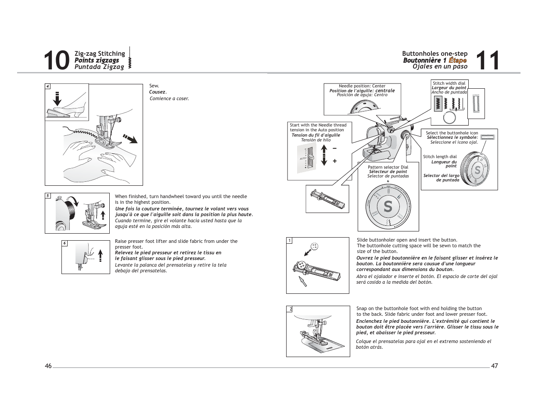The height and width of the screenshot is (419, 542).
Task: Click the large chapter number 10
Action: pyautogui.click(x=57, y=61)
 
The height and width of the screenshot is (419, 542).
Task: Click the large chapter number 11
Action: pyautogui.click(x=487, y=61)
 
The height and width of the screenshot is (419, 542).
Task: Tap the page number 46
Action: pyautogui.click(x=48, y=366)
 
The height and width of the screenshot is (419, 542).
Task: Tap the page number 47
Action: pyautogui.click(x=494, y=366)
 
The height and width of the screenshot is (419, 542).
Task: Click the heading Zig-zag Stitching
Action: pyautogui.click(x=100, y=54)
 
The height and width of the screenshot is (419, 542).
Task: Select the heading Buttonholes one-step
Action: pyautogui.click(x=434, y=54)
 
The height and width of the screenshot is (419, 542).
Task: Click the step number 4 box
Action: pyautogui.click(x=48, y=87)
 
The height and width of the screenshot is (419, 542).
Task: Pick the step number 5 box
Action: pyautogui.click(x=48, y=196)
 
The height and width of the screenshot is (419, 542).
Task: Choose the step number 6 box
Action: pyautogui.click(x=65, y=243)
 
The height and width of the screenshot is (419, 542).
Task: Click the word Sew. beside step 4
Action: pyautogui.click(x=154, y=86)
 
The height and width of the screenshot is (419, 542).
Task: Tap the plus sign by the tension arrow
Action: pyautogui.click(x=334, y=161)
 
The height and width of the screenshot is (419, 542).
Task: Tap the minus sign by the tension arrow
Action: pyautogui.click(x=334, y=148)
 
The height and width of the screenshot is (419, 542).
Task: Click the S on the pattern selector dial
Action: pyautogui.click(x=388, y=206)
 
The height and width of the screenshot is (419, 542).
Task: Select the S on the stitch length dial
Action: pyautogui.click(x=477, y=170)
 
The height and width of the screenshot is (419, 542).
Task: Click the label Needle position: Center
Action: pyautogui.click(x=362, y=86)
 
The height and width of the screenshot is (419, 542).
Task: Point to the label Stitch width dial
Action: pyautogui.click(x=449, y=83)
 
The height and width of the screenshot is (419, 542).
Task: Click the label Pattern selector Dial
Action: pyautogui.click(x=388, y=167)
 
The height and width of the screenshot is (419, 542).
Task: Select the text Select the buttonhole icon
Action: pyautogui.click(x=452, y=133)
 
